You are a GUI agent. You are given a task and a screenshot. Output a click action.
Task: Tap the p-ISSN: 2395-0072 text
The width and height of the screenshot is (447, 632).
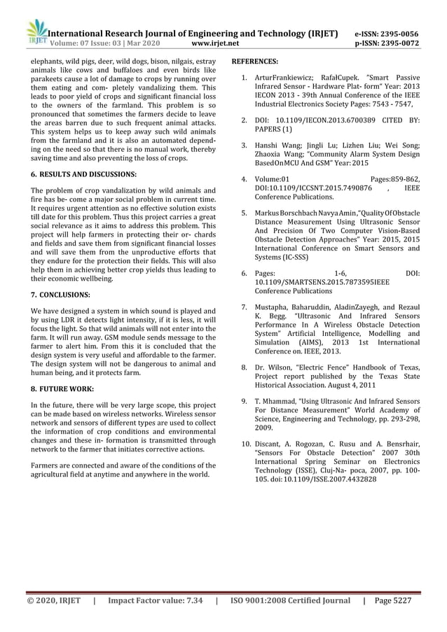point(387,43)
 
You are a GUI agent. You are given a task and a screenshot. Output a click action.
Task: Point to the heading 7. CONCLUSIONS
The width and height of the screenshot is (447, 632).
point(60,295)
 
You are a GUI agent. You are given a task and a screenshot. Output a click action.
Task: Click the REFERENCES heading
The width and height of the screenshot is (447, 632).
point(255,61)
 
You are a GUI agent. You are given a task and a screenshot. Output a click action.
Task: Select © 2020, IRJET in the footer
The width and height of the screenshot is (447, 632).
point(53,600)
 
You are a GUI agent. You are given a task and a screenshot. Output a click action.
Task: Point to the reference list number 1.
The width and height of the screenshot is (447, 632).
point(243,79)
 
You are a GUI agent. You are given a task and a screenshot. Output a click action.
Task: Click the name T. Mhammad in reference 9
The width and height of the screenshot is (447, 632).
point(275,400)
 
